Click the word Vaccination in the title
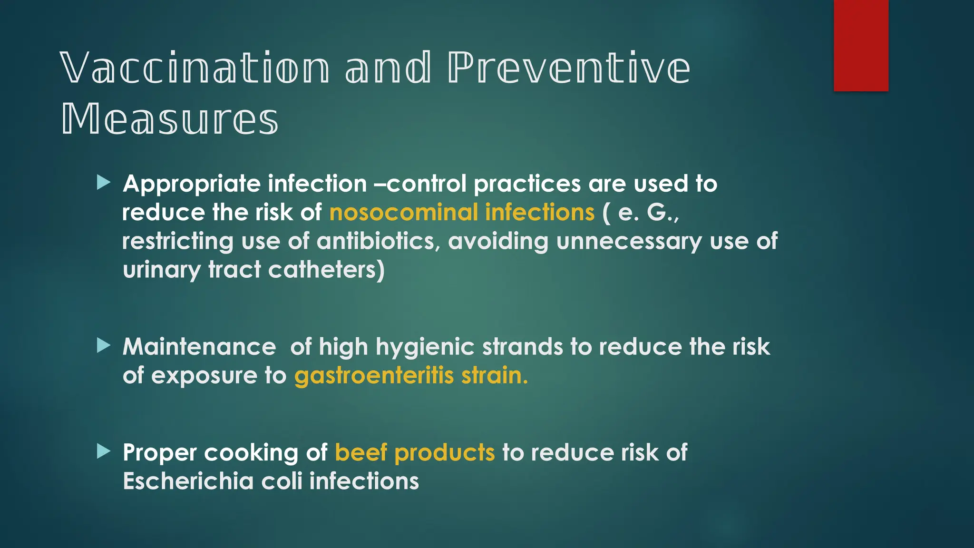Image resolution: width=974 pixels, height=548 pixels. (x=195, y=68)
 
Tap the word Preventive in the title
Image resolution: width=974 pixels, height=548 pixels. (x=569, y=68)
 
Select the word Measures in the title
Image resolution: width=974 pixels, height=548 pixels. (x=170, y=119)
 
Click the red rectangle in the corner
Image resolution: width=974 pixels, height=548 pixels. (x=861, y=45)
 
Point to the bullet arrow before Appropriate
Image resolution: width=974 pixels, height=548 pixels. (x=104, y=182)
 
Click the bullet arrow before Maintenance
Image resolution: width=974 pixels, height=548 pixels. (x=104, y=345)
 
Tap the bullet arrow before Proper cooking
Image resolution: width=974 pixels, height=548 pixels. (x=104, y=451)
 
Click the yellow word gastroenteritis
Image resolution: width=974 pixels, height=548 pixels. (x=374, y=375)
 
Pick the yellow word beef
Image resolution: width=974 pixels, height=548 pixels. (x=361, y=452)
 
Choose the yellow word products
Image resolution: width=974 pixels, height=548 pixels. (x=445, y=452)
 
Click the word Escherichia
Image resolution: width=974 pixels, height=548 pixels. (x=188, y=481)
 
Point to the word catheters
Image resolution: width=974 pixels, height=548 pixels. (x=326, y=270)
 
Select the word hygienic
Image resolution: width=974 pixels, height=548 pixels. (x=425, y=347)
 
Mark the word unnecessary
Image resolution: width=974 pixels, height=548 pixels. (x=629, y=241)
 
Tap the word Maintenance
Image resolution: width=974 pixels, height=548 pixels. (x=199, y=347)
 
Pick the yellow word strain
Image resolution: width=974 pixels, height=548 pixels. (x=495, y=375)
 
